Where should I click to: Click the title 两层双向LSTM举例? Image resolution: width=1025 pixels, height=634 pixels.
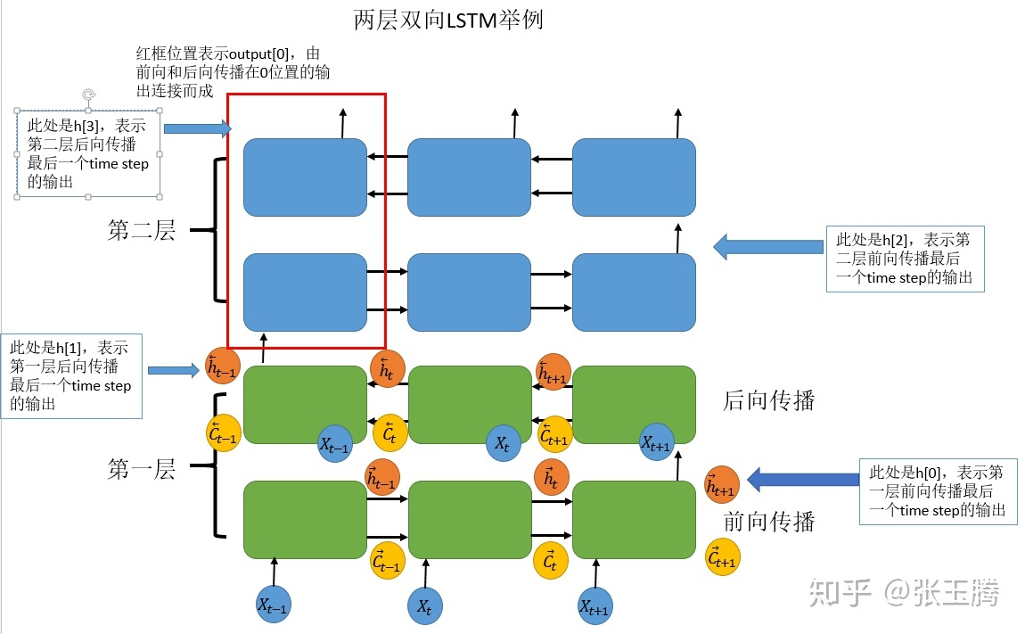pyautogui.click(x=448, y=20)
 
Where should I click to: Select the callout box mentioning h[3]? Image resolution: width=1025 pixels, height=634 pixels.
pyautogui.click(x=88, y=154)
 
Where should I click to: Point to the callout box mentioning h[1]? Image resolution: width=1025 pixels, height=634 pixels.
pyautogui.click(x=71, y=375)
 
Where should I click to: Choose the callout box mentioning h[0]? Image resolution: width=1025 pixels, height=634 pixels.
pyautogui.click(x=938, y=490)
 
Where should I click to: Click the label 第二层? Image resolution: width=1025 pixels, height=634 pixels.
pyautogui.click(x=142, y=231)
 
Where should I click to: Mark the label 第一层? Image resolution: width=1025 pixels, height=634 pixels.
pyautogui.click(x=142, y=469)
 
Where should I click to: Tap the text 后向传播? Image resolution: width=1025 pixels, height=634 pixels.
pyautogui.click(x=768, y=400)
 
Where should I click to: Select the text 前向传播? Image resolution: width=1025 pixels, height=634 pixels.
pyautogui.click(x=768, y=520)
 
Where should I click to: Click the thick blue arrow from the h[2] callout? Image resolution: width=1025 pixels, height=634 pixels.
pyautogui.click(x=767, y=246)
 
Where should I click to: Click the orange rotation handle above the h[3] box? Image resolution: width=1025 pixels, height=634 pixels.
pyautogui.click(x=88, y=95)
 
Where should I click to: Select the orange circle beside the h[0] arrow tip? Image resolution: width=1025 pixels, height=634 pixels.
pyautogui.click(x=721, y=484)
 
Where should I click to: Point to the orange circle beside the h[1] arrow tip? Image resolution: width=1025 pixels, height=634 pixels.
pyautogui.click(x=222, y=366)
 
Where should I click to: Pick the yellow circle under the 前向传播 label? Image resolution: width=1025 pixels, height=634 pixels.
pyautogui.click(x=722, y=557)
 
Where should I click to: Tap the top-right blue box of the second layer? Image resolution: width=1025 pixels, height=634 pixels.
pyautogui.click(x=633, y=177)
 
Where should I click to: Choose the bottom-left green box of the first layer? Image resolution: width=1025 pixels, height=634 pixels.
pyautogui.click(x=305, y=520)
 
